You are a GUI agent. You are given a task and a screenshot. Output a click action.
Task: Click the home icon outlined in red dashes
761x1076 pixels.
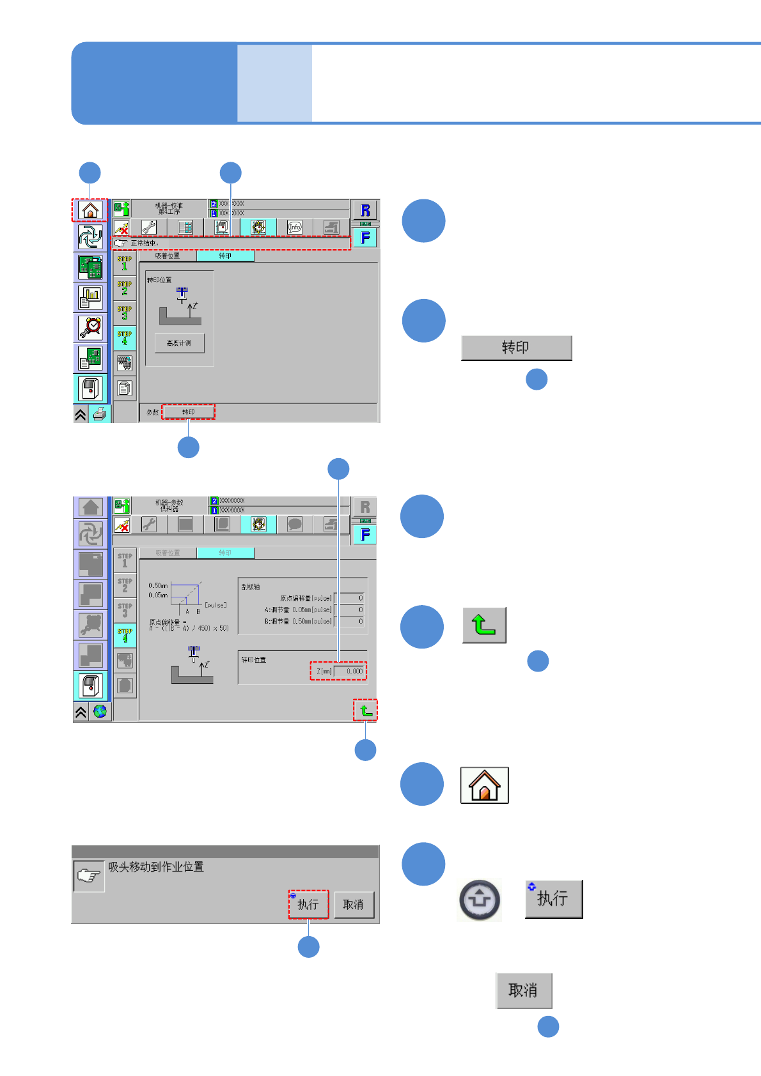(x=90, y=210)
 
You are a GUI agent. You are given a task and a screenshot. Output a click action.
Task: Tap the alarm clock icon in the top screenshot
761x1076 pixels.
(x=90, y=327)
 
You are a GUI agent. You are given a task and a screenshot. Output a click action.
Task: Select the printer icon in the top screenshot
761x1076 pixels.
(x=99, y=414)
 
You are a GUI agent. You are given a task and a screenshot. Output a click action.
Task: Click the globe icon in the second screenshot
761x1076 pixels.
(x=100, y=711)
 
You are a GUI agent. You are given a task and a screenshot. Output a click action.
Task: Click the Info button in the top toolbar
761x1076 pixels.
(x=295, y=227)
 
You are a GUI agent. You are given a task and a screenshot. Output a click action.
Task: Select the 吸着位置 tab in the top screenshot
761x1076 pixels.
(x=168, y=256)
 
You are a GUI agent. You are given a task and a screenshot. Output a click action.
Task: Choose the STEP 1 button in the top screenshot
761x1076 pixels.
(x=125, y=263)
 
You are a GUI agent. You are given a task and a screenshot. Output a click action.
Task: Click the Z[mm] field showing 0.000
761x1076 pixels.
(x=349, y=671)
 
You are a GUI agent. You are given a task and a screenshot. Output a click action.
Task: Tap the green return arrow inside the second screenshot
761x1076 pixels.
(x=365, y=710)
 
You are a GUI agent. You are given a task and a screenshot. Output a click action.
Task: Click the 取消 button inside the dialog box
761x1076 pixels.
(x=354, y=904)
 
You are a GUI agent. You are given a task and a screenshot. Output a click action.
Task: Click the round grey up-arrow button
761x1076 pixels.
(x=480, y=900)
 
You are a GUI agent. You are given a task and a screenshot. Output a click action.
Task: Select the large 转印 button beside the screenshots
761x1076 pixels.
(x=516, y=348)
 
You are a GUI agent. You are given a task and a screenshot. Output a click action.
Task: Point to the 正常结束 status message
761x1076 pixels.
(x=145, y=243)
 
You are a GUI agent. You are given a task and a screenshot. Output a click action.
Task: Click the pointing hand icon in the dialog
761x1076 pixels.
(x=89, y=876)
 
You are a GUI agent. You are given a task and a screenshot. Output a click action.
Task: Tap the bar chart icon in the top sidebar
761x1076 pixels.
(x=90, y=297)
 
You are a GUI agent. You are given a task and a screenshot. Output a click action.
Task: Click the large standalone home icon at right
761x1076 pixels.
(x=484, y=785)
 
